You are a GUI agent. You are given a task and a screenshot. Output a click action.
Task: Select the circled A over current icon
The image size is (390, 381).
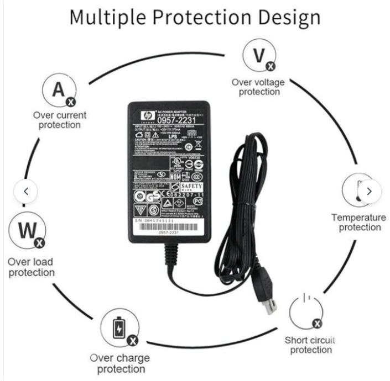59,89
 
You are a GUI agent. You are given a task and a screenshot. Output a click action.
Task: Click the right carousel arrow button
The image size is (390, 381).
369,191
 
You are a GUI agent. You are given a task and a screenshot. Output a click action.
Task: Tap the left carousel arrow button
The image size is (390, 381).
27,191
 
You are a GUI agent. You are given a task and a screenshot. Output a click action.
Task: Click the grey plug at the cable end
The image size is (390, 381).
267,301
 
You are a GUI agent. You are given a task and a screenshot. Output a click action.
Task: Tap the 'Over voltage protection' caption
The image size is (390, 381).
258,87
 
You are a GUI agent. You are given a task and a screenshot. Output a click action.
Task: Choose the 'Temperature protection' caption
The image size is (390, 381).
359,223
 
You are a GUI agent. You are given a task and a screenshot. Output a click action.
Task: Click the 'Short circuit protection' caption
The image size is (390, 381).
310,345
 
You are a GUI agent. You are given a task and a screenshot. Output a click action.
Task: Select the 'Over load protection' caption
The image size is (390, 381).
32,267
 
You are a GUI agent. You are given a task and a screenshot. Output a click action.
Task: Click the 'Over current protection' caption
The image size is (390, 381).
59,120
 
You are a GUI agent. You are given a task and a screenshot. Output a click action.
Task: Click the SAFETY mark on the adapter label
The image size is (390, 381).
192,187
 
